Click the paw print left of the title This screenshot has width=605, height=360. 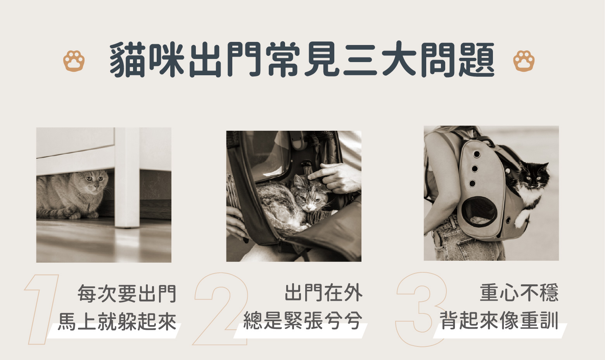(74, 61)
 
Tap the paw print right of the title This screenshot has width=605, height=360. (524, 61)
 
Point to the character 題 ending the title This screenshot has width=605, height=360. (477, 60)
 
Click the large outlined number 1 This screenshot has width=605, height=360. (41, 310)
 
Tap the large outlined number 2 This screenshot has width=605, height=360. (221, 309)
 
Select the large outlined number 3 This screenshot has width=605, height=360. (421, 310)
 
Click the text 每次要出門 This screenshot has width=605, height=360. (127, 293)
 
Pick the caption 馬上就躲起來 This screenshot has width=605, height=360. (117, 321)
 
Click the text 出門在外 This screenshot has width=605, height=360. (323, 292)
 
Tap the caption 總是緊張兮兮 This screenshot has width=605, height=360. (302, 320)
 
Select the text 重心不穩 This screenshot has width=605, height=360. (519, 292)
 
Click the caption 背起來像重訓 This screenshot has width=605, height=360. (499, 320)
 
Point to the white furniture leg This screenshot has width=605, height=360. (127, 177)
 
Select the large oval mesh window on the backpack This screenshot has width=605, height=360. (479, 211)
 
